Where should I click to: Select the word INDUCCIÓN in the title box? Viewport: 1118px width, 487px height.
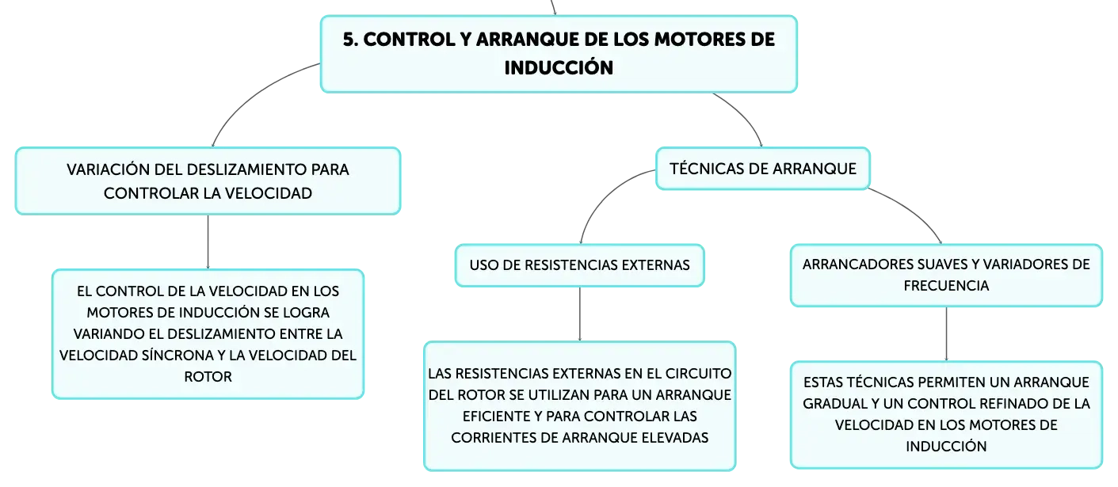[559, 67]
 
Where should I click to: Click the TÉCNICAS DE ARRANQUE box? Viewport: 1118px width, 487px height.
[763, 169]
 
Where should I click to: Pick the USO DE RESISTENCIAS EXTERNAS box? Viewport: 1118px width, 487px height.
[579, 265]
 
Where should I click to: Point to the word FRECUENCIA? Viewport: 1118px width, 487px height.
[946, 286]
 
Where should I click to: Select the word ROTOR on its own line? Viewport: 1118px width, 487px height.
[208, 377]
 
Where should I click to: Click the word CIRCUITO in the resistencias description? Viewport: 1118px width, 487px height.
[699, 373]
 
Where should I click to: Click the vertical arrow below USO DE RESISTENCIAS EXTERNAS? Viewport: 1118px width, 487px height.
[579, 314]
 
